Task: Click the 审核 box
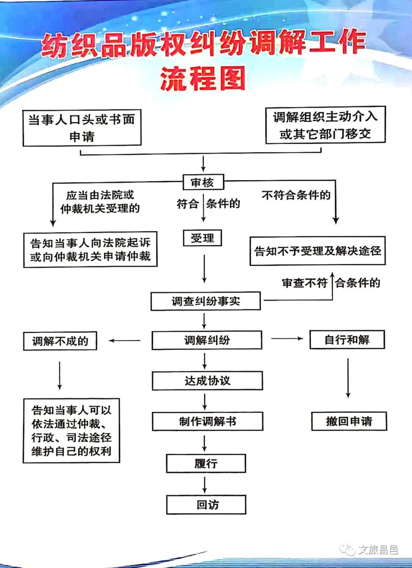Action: click(x=203, y=183)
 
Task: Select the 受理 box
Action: click(x=203, y=238)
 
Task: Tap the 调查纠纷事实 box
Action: click(x=206, y=301)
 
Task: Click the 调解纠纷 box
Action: click(x=207, y=340)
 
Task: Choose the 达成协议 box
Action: click(x=207, y=380)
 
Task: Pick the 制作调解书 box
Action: click(x=208, y=421)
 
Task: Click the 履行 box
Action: click(x=206, y=464)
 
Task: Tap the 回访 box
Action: click(x=206, y=505)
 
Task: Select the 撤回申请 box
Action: click(x=349, y=421)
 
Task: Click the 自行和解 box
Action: click(x=347, y=340)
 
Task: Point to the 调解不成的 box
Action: click(x=60, y=341)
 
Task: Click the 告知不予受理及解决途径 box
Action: click(x=317, y=251)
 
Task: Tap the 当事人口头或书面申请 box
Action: click(x=82, y=128)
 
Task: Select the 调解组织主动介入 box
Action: click(x=325, y=125)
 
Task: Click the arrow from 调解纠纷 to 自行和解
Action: click(x=287, y=339)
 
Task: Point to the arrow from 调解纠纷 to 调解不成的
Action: click(x=124, y=340)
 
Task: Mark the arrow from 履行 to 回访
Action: click(x=205, y=484)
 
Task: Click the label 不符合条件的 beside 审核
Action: click(x=296, y=195)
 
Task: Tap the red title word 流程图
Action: click(x=203, y=79)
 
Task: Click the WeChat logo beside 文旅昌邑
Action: click(x=348, y=549)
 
